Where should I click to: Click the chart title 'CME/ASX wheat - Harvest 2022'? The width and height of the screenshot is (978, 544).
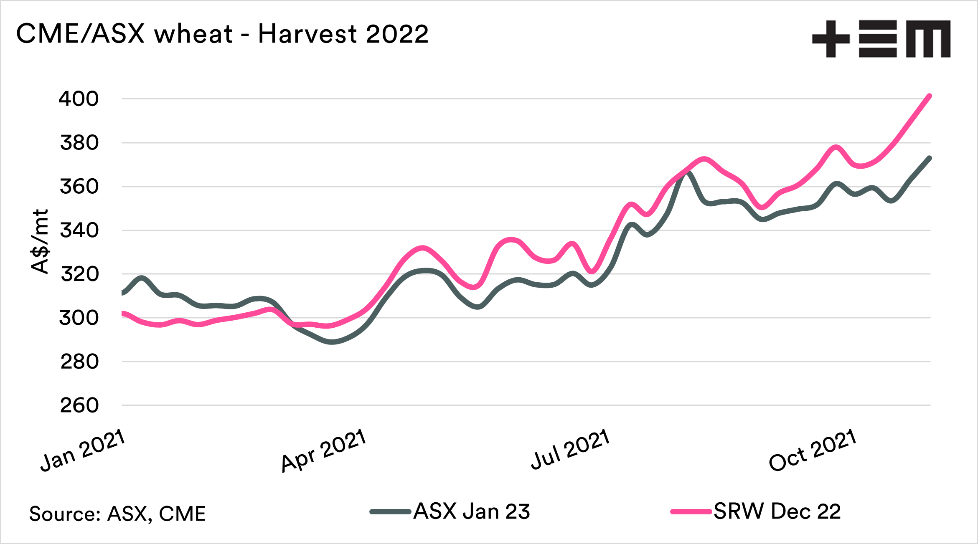(222, 33)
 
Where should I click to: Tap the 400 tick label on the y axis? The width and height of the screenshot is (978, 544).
(79, 99)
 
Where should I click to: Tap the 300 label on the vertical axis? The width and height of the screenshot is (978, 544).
(79, 318)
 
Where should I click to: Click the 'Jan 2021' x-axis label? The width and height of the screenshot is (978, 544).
(83, 450)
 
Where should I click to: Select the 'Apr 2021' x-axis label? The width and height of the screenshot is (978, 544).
(324, 450)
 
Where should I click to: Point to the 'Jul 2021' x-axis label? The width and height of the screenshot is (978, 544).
(570, 450)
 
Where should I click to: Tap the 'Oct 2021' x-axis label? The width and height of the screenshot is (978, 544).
(813, 450)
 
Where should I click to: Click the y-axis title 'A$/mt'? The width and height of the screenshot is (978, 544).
(40, 241)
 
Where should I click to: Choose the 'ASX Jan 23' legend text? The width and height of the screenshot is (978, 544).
(472, 511)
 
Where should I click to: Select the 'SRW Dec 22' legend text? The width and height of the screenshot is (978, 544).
(777, 511)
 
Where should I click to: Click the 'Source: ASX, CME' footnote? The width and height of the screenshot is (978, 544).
(117, 514)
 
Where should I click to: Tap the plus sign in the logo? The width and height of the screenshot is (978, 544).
(831, 38)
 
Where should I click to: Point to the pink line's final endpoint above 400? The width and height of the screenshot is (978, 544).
(930, 96)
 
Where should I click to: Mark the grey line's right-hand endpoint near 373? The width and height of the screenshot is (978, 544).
(930, 158)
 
